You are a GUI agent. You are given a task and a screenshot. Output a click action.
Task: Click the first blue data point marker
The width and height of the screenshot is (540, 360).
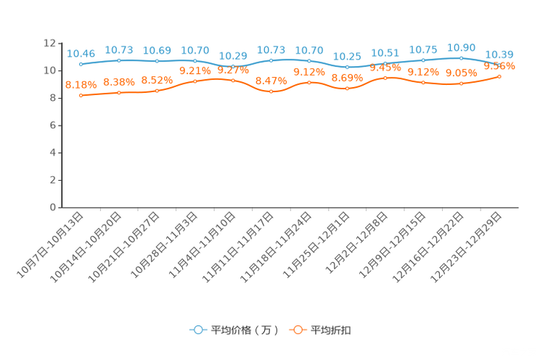point(81,65)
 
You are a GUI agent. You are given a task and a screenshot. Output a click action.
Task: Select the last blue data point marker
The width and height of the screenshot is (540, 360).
point(499,62)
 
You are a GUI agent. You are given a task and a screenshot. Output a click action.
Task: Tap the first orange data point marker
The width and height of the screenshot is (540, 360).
point(81,96)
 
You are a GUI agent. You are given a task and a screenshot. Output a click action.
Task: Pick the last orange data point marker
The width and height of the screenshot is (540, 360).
point(499,75)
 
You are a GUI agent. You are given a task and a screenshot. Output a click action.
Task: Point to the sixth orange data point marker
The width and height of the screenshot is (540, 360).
point(271,92)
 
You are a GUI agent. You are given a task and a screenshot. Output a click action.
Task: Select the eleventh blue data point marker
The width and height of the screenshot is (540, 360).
point(461,58)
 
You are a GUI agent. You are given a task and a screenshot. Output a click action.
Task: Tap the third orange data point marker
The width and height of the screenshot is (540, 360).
point(157,91)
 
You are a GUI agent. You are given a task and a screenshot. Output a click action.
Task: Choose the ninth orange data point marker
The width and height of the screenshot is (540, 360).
point(385,77)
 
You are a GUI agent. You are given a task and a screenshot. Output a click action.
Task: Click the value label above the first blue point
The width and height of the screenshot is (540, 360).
point(81,53)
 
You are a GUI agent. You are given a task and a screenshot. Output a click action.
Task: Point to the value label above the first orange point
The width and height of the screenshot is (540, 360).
point(81,84)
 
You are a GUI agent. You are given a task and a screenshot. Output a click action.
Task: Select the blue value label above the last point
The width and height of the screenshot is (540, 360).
point(499,54)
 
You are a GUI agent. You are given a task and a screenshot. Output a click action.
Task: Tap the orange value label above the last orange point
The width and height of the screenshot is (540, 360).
point(499,67)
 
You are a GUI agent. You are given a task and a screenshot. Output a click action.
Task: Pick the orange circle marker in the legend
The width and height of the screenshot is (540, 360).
point(298,330)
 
